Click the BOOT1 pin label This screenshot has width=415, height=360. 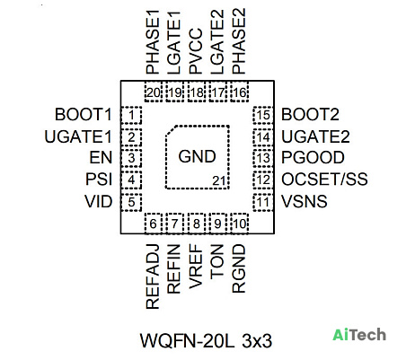[x=83, y=115]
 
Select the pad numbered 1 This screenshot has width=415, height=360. [x=131, y=115]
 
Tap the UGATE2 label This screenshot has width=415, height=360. [x=315, y=137]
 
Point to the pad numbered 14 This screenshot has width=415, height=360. [x=263, y=137]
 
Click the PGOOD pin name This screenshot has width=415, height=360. [x=313, y=158]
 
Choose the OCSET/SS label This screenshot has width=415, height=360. [x=324, y=180]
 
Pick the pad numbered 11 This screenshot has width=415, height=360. [x=263, y=202]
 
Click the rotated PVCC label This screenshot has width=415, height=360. [x=196, y=51]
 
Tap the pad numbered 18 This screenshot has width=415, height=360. [x=197, y=92]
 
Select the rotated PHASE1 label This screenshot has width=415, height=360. [x=153, y=42]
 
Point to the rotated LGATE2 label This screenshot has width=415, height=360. [x=217, y=42]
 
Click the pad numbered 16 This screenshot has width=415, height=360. [x=240, y=92]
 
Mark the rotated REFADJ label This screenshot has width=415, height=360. [x=153, y=277]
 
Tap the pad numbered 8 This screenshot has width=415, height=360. [x=197, y=224]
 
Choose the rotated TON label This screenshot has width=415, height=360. [x=217, y=262]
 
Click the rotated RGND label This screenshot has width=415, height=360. [x=239, y=268]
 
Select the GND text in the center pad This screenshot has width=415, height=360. [x=197, y=156]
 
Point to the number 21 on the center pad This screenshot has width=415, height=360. [x=218, y=181]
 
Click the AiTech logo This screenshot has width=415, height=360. [x=359, y=335]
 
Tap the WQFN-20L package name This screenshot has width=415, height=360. [x=187, y=341]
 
